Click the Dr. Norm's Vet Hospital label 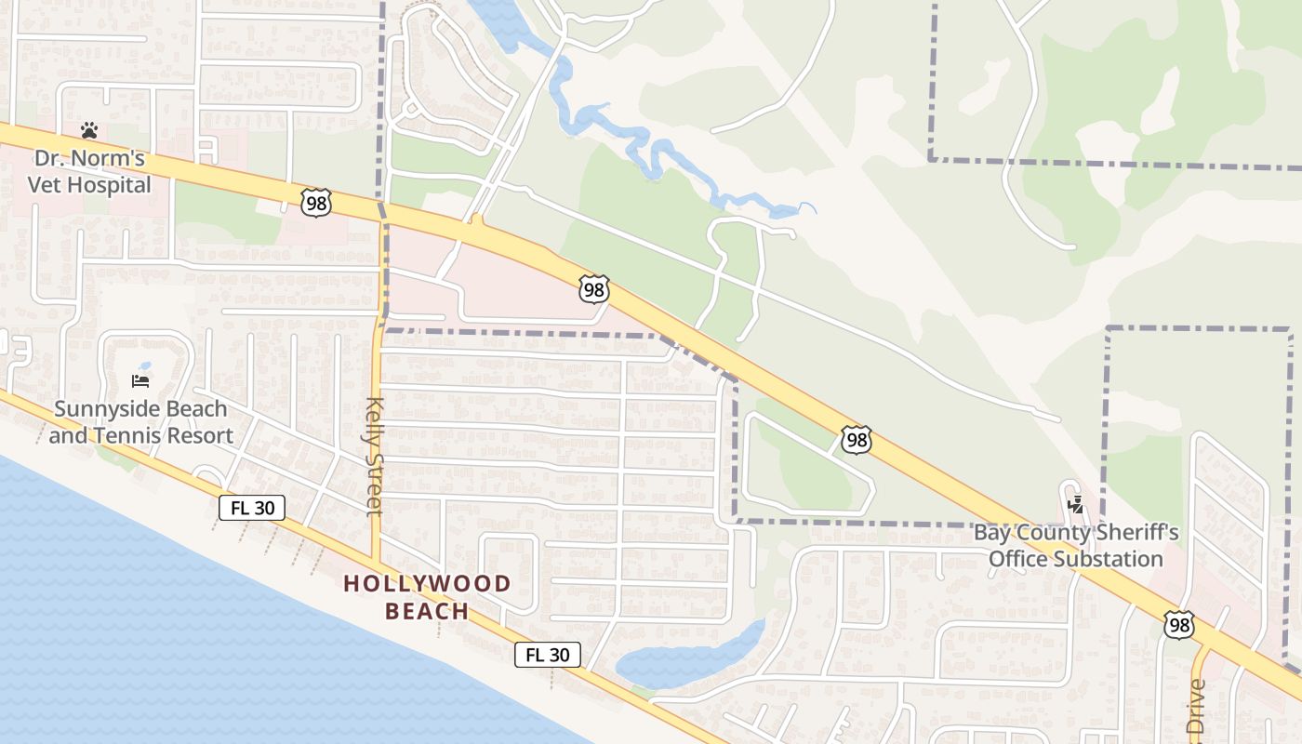tap(89, 172)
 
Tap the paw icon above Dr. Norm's tap(89, 130)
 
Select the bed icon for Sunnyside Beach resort tap(140, 380)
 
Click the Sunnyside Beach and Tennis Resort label tap(140, 422)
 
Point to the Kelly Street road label tap(374, 456)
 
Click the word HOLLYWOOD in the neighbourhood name tap(427, 584)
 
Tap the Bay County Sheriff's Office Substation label tap(1076, 546)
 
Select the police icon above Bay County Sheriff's tap(1076, 505)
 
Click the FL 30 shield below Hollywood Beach tap(548, 655)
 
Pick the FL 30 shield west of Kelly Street tap(252, 508)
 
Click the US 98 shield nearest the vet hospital tap(316, 202)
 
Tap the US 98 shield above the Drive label tap(1179, 624)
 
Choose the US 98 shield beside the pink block tap(593, 289)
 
